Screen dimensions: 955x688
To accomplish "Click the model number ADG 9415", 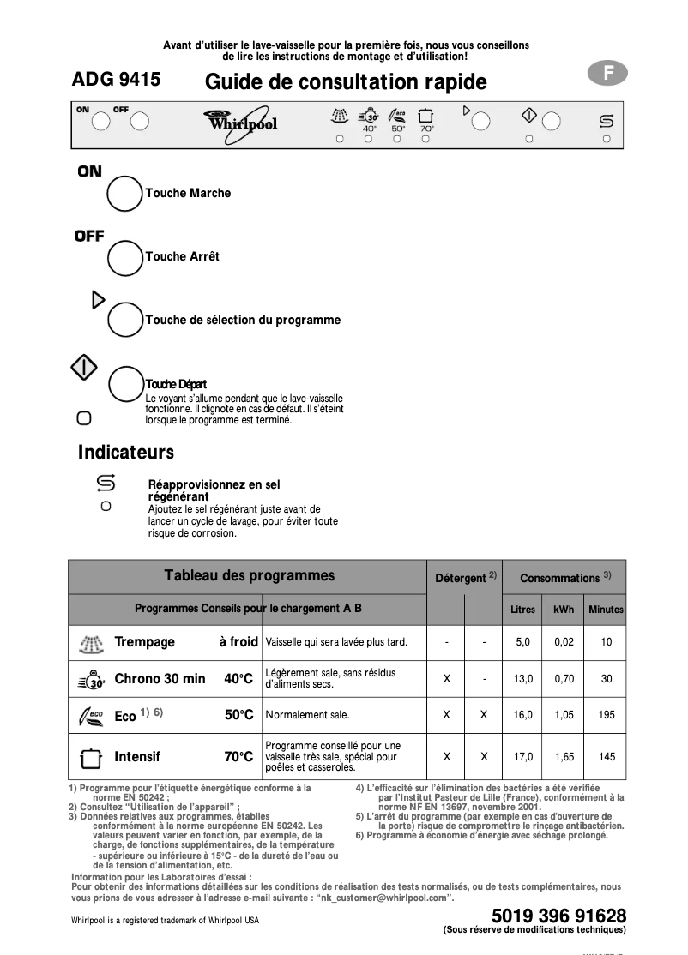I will [116, 81].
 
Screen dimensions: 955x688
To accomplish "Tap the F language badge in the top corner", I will [607, 74].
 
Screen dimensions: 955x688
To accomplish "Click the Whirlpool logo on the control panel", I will [241, 123].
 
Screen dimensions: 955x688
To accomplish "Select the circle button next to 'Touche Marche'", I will [124, 194].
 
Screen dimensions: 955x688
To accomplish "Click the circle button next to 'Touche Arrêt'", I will [124, 256].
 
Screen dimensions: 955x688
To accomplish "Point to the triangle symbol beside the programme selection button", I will [98, 299].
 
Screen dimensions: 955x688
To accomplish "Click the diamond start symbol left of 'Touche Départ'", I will [83, 367].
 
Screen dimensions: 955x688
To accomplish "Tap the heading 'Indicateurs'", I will [126, 452].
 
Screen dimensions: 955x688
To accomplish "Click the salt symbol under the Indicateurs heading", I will [106, 484].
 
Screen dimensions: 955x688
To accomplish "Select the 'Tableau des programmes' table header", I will [249, 576].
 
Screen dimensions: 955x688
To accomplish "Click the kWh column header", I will [564, 610].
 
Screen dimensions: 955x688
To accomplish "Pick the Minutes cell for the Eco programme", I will [607, 714].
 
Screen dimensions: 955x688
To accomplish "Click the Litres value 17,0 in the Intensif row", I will [522, 757].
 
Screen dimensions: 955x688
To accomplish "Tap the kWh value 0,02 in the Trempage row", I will [564, 641].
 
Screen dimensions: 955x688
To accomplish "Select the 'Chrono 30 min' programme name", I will [160, 679].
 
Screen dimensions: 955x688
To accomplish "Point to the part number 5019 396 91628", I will [558, 915].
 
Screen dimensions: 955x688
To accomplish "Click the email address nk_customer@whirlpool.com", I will [383, 897].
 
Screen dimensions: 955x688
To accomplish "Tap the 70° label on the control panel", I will [426, 129].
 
